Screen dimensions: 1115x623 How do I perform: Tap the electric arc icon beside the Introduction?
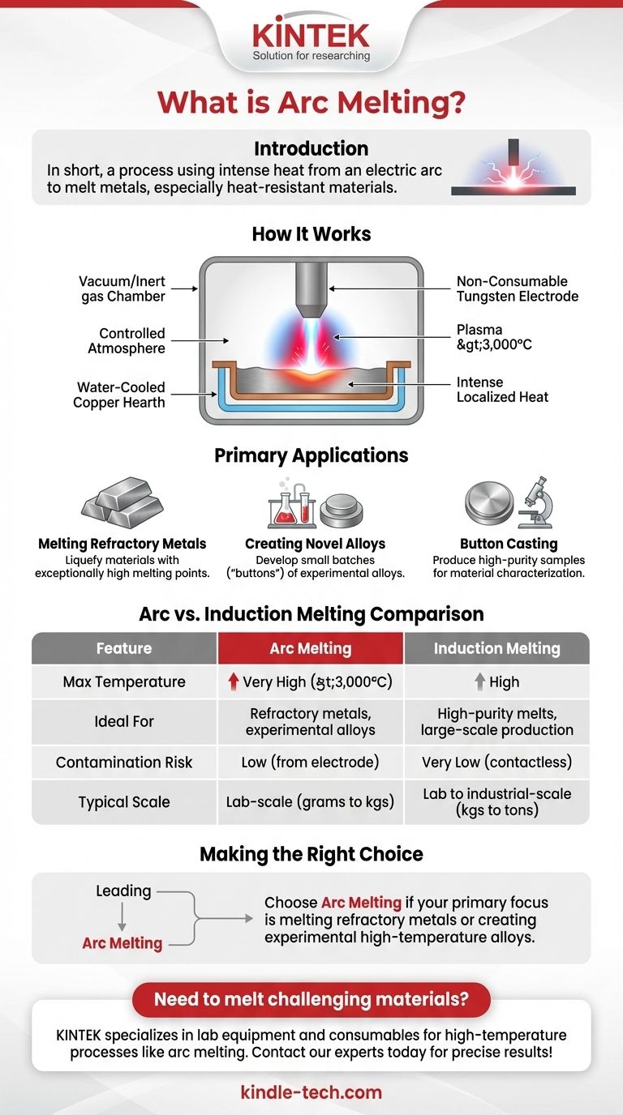[513, 168]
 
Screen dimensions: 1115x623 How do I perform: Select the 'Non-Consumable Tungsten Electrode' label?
[518, 288]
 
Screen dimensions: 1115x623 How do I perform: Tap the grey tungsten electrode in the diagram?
[311, 291]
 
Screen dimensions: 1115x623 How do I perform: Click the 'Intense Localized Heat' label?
[502, 389]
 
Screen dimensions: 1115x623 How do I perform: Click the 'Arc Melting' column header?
[311, 648]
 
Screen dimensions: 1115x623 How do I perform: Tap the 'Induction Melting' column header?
[496, 648]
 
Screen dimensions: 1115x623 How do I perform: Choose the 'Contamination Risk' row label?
[124, 763]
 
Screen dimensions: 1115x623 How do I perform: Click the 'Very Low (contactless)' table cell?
[496, 763]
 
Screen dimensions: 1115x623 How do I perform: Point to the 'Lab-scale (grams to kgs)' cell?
[311, 802]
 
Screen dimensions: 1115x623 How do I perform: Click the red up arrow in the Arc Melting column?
[233, 682]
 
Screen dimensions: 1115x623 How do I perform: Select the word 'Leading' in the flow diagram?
[123, 891]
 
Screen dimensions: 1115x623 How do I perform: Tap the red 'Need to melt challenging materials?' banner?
[311, 999]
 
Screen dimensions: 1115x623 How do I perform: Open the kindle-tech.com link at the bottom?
[311, 1092]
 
